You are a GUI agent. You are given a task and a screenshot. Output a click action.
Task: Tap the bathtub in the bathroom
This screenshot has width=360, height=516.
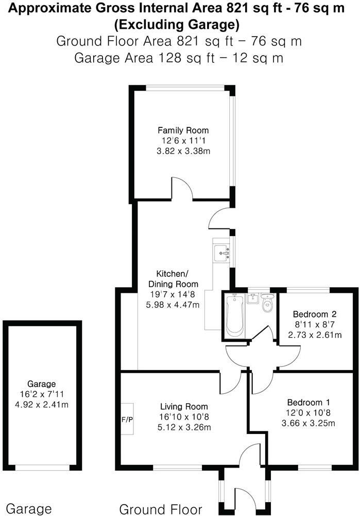[234, 316]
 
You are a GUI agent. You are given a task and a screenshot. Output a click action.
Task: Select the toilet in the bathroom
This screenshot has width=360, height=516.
[268, 303]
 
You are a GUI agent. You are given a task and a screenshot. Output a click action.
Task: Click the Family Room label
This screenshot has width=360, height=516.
[183, 130]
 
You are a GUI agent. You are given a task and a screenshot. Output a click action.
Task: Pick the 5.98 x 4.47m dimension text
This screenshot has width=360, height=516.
[173, 305]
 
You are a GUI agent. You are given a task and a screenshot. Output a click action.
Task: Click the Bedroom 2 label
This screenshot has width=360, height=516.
[315, 314]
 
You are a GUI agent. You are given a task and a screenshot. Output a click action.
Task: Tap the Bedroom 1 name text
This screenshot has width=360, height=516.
[308, 402]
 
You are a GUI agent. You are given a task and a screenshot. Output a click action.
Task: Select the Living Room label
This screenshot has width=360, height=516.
[184, 406]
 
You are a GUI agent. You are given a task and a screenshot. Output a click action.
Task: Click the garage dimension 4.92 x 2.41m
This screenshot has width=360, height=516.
[42, 404]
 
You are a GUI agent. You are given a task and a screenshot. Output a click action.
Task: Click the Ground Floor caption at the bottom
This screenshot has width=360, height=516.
[161, 509]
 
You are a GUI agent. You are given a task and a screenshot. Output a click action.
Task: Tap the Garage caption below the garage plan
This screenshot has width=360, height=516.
[29, 509]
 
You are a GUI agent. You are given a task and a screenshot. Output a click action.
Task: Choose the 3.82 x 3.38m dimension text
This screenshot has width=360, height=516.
[183, 151]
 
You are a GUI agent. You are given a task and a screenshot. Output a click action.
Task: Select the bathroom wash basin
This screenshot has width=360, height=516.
[253, 299]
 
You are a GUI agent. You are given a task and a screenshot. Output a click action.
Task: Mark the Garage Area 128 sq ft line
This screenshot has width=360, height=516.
[179, 58]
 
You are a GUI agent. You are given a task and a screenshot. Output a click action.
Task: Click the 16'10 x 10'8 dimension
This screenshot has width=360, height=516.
[184, 417]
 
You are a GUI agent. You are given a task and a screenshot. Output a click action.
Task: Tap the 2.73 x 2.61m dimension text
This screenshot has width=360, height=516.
[315, 335]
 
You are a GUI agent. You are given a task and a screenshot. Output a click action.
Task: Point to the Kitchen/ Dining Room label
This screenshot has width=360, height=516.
[173, 279]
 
